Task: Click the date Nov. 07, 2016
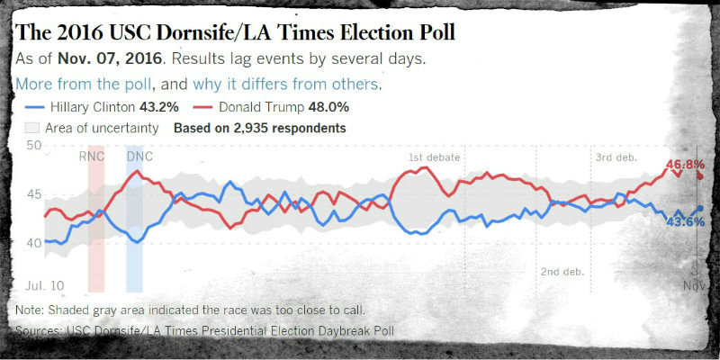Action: (x=114, y=59)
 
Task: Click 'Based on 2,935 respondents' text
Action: (x=260, y=129)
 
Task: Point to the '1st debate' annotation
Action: (x=435, y=158)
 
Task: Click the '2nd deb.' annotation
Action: (x=564, y=274)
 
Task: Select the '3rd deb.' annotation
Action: (x=616, y=158)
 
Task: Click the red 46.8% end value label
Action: (x=684, y=165)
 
